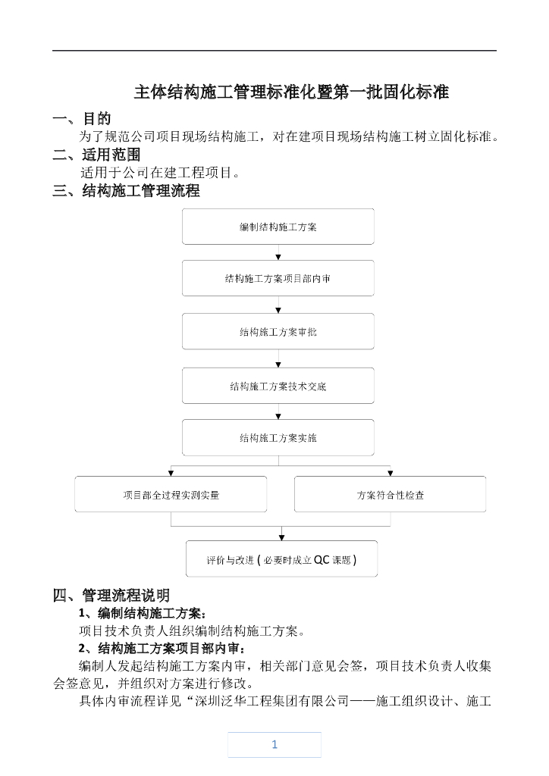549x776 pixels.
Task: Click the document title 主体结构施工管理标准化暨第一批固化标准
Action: tap(291, 92)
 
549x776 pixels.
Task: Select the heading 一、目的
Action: tap(81, 119)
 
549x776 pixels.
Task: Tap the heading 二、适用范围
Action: tap(96, 155)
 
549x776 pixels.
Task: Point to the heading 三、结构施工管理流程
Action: tap(126, 191)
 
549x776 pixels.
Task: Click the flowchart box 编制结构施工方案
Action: tap(278, 227)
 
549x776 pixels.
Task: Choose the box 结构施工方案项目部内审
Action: tap(278, 278)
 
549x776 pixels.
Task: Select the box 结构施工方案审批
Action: tap(278, 331)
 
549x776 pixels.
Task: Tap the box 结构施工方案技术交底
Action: tap(278, 386)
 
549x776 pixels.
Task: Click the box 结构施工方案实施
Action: tap(278, 437)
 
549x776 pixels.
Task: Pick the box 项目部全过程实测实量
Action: tap(171, 494)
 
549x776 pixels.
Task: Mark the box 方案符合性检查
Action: tap(390, 494)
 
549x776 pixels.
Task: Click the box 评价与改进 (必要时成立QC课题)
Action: tap(281, 559)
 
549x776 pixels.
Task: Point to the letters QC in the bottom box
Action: tap(322, 560)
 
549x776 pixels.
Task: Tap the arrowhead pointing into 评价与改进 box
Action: tap(282, 536)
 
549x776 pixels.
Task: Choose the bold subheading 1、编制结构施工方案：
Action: tap(142, 613)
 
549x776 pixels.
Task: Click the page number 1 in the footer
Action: tap(274, 744)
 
